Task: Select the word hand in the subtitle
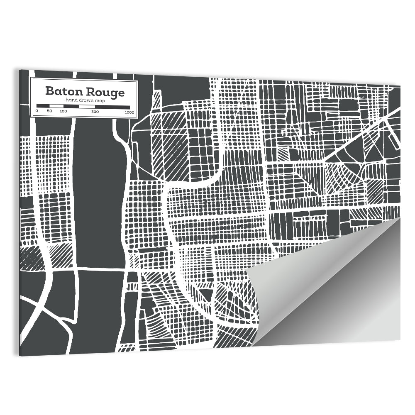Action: click(71, 101)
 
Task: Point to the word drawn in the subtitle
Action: click(86, 101)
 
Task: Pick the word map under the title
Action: click(100, 101)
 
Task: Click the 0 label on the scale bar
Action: click(37, 112)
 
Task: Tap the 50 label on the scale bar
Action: click(49, 112)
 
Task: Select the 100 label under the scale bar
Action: click(63, 112)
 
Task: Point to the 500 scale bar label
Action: click(95, 112)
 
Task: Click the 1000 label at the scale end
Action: click(129, 112)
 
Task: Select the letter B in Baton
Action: click(49, 91)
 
